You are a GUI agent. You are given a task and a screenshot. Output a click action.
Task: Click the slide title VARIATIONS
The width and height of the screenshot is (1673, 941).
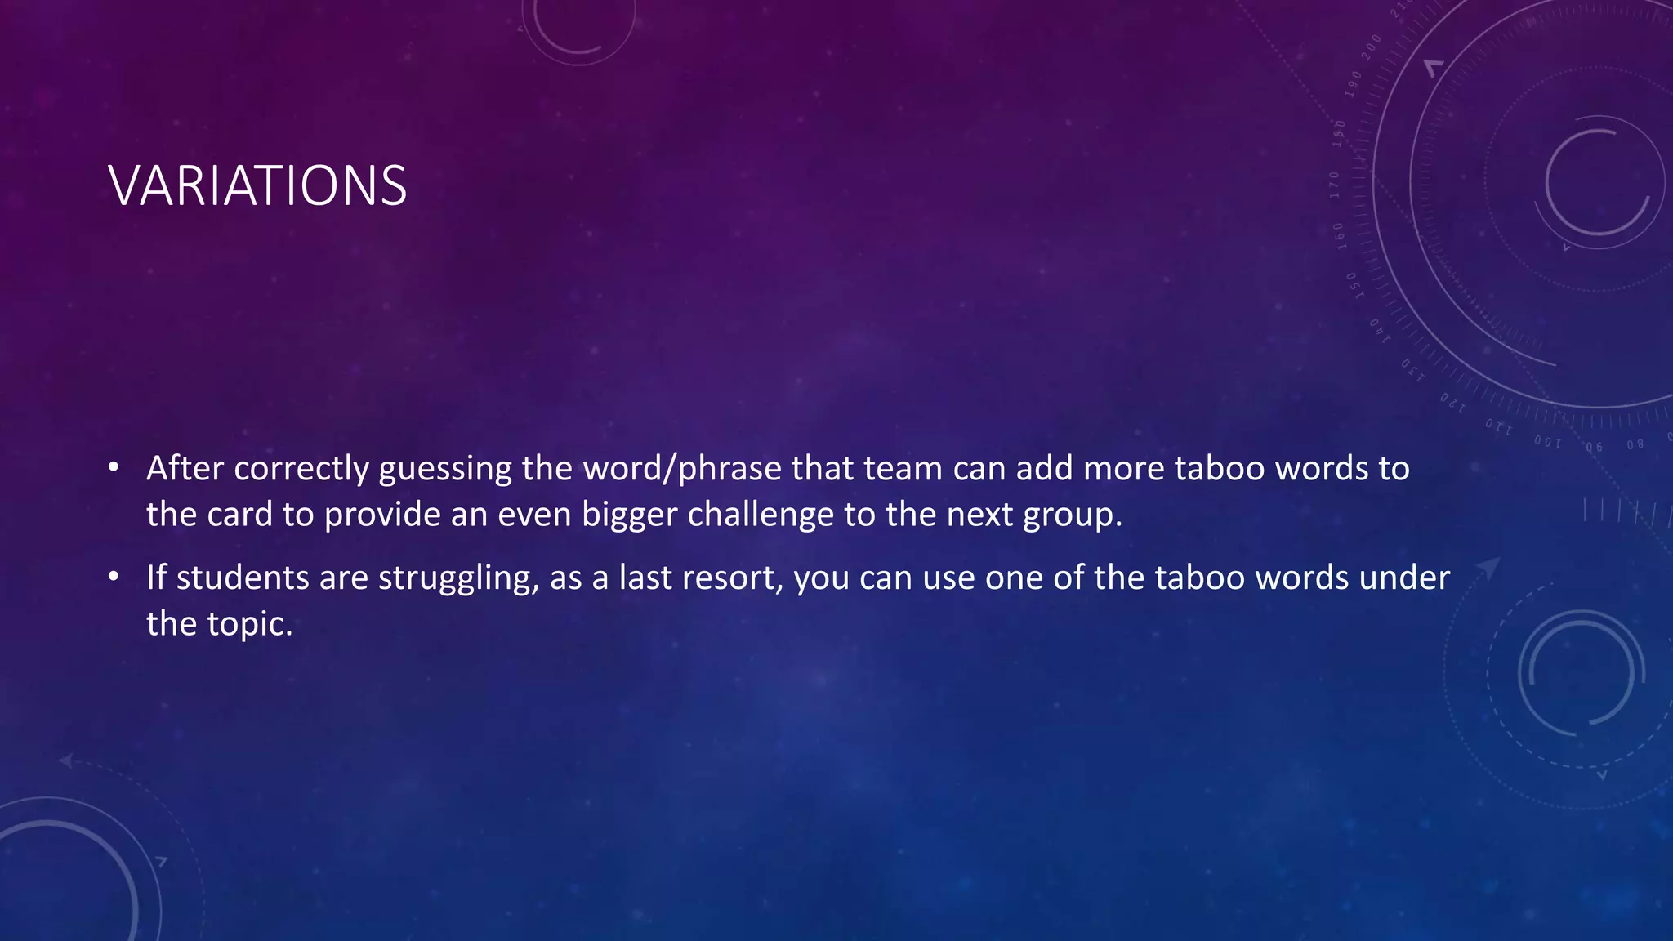click(x=257, y=185)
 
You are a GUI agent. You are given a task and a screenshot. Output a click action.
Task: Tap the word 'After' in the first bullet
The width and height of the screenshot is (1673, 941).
click(x=185, y=468)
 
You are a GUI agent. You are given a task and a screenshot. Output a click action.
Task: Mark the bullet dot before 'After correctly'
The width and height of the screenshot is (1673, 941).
click(x=114, y=468)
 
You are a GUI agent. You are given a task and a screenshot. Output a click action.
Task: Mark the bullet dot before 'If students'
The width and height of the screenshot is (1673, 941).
click(x=114, y=578)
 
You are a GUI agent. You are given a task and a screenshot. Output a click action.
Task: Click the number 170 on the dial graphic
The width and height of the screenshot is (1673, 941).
click(x=1334, y=185)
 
